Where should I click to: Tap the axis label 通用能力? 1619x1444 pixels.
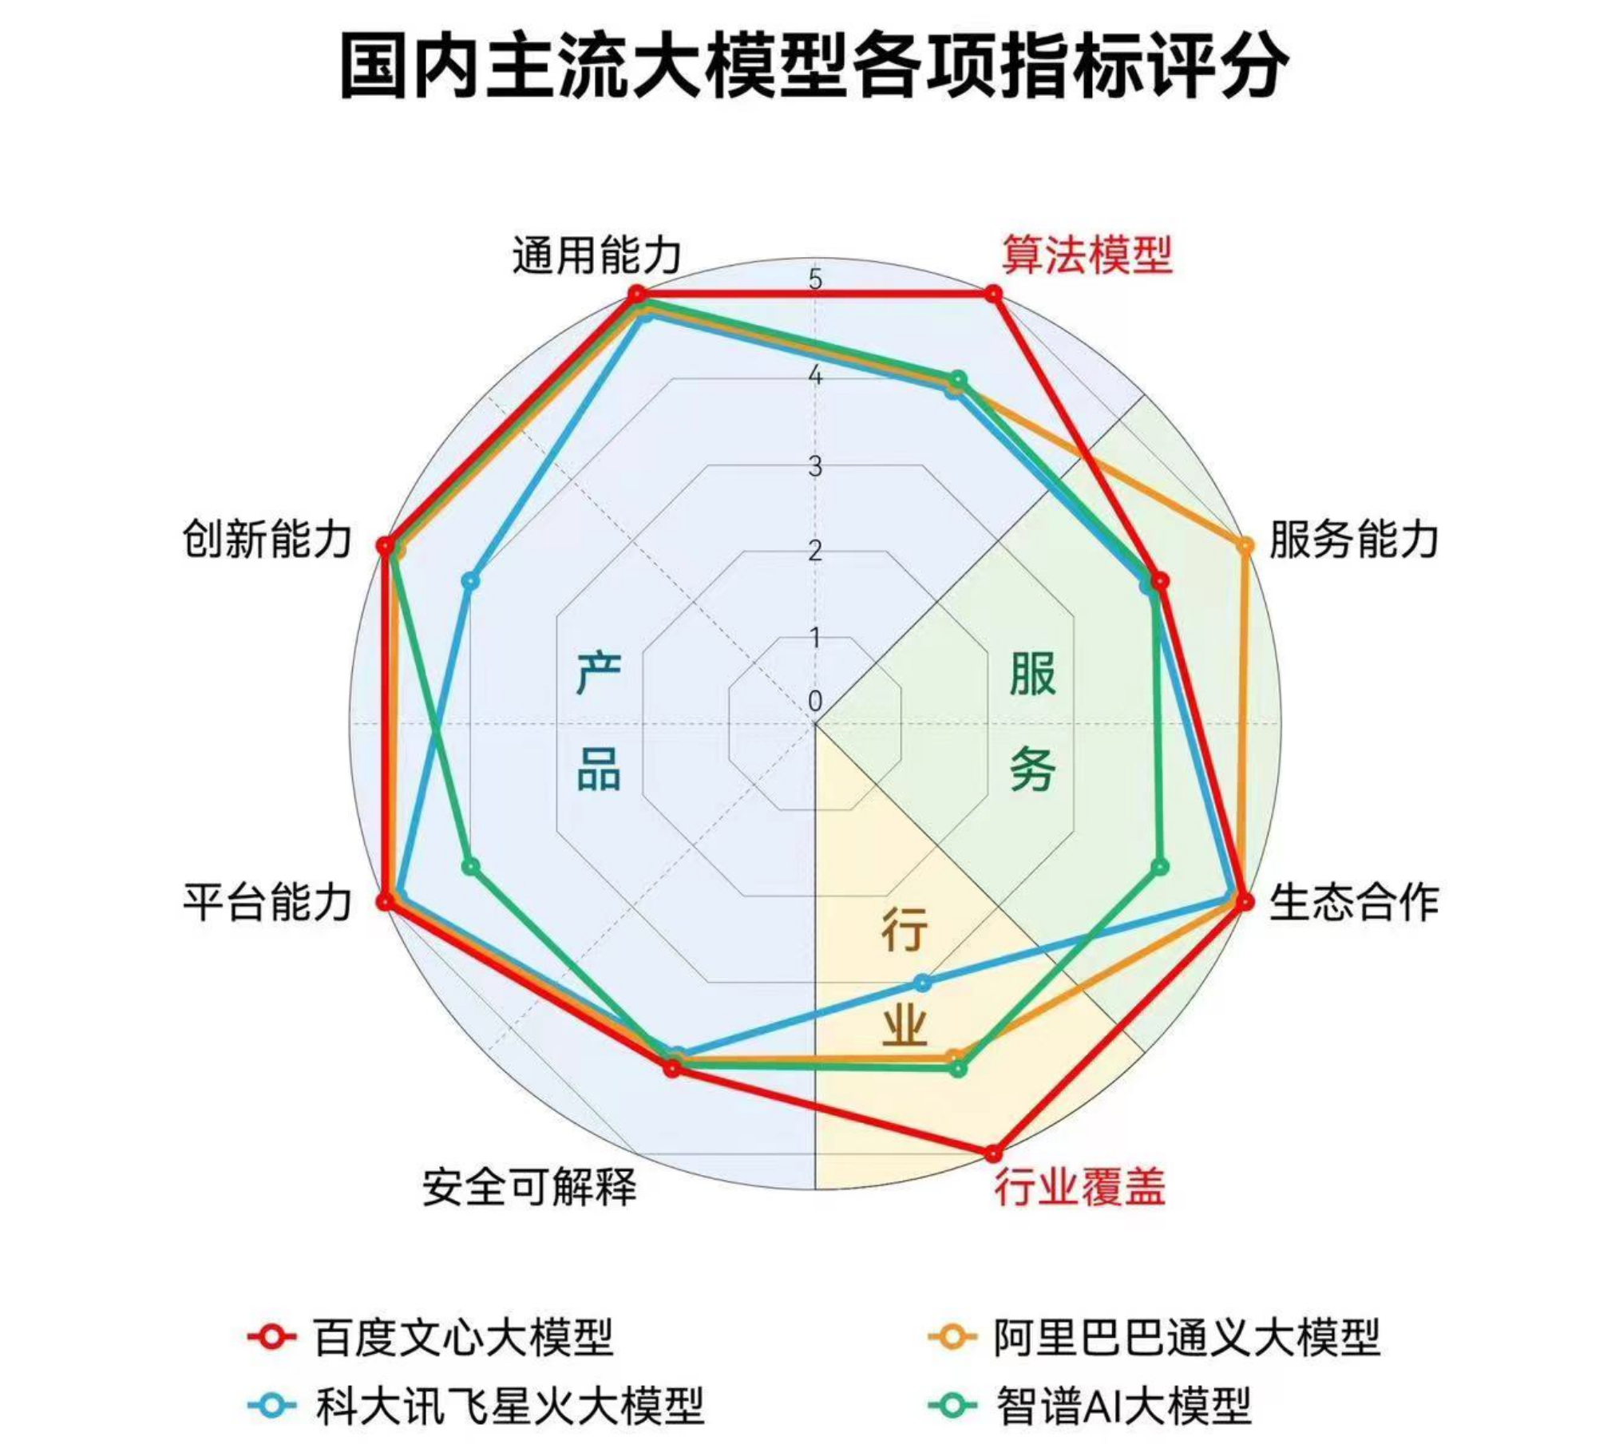[x=597, y=255]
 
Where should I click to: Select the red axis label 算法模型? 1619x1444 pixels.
[x=1087, y=255]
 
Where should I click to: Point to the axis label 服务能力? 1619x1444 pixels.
[x=1353, y=540]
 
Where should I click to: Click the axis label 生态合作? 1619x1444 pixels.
[x=1353, y=902]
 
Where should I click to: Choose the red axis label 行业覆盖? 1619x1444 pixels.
[x=1079, y=1186]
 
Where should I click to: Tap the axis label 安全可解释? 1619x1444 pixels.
[x=529, y=1186]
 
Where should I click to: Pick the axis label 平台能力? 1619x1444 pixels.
[x=267, y=902]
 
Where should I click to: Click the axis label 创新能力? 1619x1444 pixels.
[x=267, y=540]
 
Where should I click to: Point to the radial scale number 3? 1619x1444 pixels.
[x=814, y=466]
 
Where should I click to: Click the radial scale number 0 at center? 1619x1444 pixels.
[x=814, y=702]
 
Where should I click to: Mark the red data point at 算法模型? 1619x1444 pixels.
[x=992, y=295]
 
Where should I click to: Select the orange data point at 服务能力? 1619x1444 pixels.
[x=1244, y=546]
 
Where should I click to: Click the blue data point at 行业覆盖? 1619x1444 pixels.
[x=922, y=982]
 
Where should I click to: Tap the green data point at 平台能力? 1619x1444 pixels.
[x=471, y=866]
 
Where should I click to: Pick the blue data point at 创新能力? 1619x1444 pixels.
[x=470, y=580]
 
